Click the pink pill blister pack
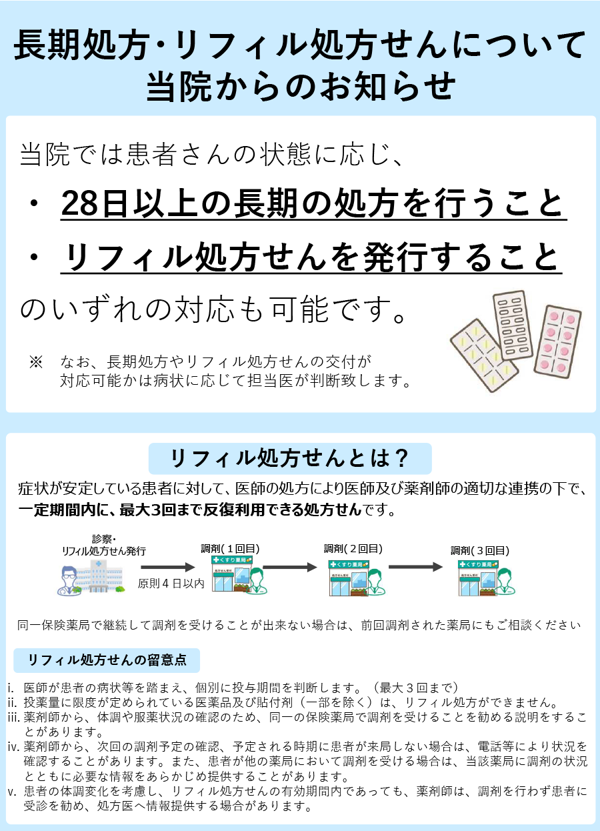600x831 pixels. tap(557, 341)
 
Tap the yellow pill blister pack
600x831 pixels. tap(483, 355)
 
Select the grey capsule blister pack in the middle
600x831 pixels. tap(513, 325)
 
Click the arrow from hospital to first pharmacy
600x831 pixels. tap(167, 567)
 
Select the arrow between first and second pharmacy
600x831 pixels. tap(290, 567)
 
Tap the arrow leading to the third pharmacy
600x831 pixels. tap(416, 567)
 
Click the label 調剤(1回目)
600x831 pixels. tap(230, 549)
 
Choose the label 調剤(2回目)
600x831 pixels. tap(353, 548)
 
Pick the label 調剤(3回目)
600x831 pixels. tap(480, 550)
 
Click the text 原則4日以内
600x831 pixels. tap(171, 584)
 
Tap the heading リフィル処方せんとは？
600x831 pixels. tap(289, 458)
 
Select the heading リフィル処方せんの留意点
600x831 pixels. tap(107, 660)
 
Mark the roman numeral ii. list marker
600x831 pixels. tap(12, 702)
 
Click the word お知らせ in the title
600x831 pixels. tap(387, 87)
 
